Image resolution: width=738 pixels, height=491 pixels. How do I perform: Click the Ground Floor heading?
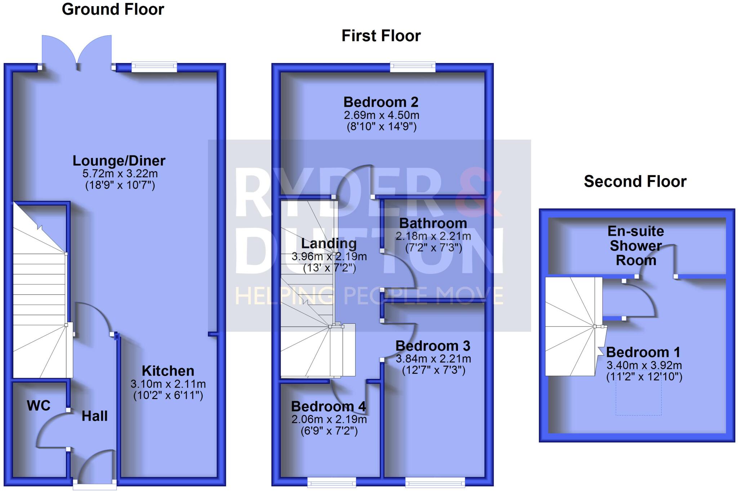[x=113, y=9]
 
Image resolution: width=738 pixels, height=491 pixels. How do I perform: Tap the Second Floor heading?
[x=635, y=181]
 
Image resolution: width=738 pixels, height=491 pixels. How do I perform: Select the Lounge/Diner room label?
[x=119, y=161]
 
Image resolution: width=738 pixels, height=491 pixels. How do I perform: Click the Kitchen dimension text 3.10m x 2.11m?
[x=168, y=384]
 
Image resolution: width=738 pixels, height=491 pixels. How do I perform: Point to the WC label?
[x=39, y=406]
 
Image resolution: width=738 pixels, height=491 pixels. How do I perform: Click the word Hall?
[x=94, y=416]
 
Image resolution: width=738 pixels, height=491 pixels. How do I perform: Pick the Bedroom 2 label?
[x=381, y=102]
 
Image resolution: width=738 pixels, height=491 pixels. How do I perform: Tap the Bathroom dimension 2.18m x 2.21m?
[x=433, y=236]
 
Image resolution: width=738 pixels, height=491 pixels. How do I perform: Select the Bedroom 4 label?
[x=328, y=407]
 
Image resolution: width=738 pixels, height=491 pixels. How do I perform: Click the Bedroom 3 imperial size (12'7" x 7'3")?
[x=434, y=370]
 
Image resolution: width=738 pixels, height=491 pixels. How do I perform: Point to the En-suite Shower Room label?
[x=636, y=246]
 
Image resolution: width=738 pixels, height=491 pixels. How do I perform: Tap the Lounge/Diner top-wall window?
[x=154, y=67]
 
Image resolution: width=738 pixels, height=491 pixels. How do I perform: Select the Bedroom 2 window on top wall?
[x=413, y=67]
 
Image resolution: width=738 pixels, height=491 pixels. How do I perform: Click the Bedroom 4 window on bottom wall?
[x=332, y=482]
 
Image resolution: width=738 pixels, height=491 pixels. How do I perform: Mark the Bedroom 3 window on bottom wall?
[x=435, y=482]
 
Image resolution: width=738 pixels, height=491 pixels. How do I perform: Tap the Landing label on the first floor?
[x=329, y=244]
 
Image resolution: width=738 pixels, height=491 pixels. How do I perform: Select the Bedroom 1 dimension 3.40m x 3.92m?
[x=644, y=365]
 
